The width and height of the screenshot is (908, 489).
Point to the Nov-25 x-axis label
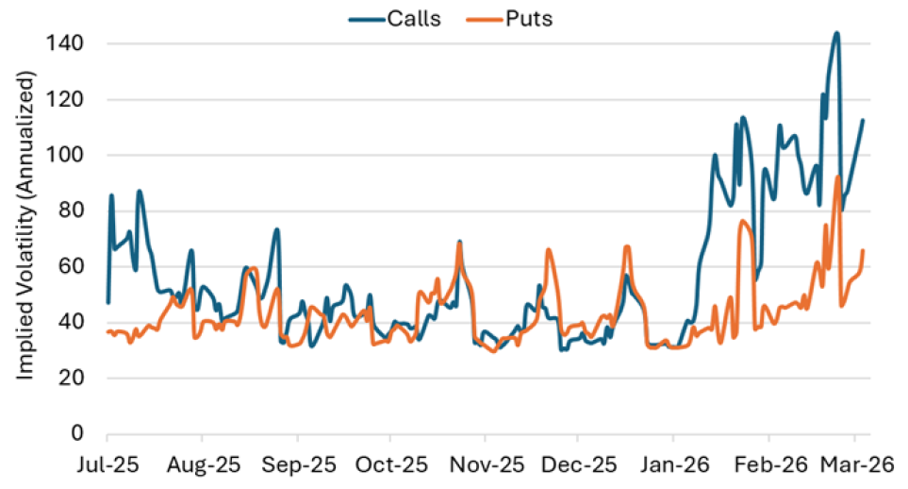click(485, 465)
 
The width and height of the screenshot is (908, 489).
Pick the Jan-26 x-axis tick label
click(672, 465)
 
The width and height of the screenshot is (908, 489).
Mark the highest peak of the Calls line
click(836, 33)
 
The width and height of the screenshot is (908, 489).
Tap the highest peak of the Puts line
click(837, 177)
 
